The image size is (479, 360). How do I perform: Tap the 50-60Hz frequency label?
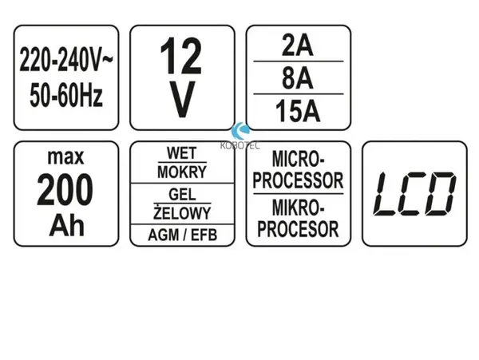(x=66, y=95)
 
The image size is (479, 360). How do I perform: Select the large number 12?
(x=181, y=56)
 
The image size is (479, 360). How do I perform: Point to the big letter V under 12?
(x=182, y=100)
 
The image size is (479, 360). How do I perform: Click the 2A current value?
(x=298, y=47)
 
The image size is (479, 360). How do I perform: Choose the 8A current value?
(x=298, y=78)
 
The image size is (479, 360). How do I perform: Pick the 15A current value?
(x=298, y=112)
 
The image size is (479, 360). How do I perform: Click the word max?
(x=65, y=157)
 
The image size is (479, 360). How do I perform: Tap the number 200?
(x=65, y=190)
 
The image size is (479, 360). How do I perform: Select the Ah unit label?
(x=66, y=225)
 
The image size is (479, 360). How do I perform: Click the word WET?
(x=182, y=153)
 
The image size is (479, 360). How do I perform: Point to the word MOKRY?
(x=182, y=172)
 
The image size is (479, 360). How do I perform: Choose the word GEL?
(x=182, y=194)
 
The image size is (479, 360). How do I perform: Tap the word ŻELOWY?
(x=182, y=212)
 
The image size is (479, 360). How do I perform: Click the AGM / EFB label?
(x=182, y=235)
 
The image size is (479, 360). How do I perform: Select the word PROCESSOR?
(x=298, y=180)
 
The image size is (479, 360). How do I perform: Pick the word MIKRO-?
(x=298, y=208)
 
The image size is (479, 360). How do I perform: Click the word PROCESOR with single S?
(x=298, y=229)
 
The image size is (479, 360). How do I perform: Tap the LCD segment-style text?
(x=414, y=194)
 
